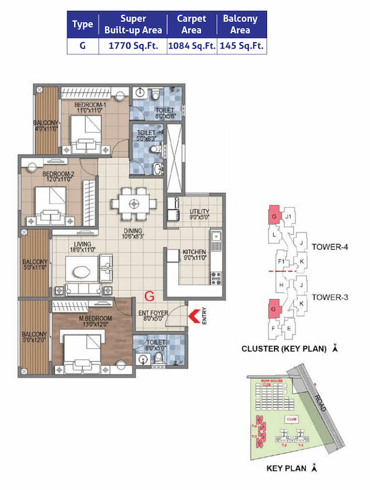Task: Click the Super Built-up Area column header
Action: click(x=133, y=25)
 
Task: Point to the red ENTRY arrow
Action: click(x=196, y=315)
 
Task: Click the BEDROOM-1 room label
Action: click(x=89, y=105)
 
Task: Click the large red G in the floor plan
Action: click(x=149, y=297)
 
